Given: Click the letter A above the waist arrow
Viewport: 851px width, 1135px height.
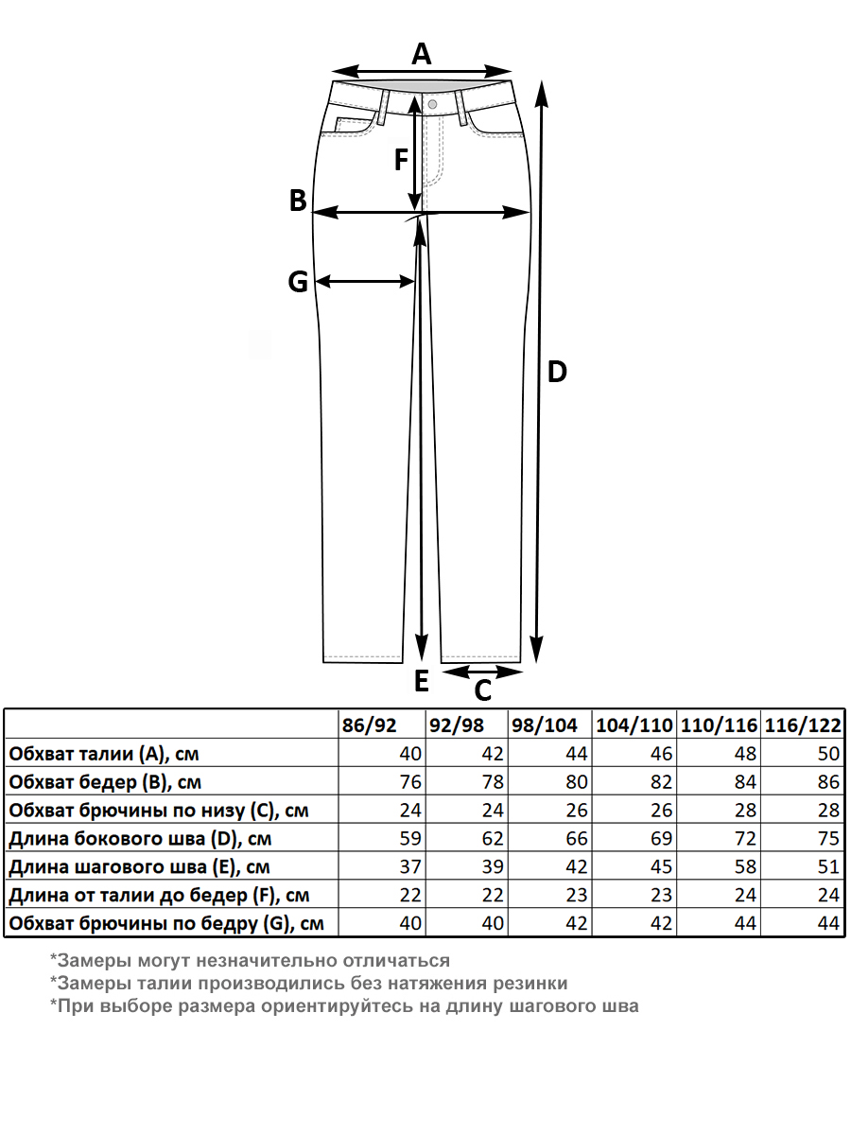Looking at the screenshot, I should [x=422, y=54].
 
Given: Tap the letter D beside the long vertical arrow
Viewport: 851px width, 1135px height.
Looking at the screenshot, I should [x=558, y=372].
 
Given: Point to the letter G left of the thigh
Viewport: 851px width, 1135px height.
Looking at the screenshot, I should [x=298, y=282].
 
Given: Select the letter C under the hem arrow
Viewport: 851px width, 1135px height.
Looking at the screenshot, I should [x=482, y=691].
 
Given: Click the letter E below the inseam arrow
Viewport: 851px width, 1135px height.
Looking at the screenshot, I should [x=422, y=680].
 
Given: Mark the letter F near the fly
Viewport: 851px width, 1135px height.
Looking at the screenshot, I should [x=401, y=161].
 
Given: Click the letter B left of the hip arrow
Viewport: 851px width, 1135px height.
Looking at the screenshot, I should [x=298, y=201].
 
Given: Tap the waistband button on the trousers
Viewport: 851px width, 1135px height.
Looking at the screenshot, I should [x=432, y=103].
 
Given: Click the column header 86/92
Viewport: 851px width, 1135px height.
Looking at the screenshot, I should [x=370, y=725].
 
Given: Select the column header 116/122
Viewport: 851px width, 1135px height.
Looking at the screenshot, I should [x=803, y=725].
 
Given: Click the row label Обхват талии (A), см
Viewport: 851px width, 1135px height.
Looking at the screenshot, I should [x=104, y=754].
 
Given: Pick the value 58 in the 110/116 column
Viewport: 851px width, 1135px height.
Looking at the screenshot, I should [x=746, y=867].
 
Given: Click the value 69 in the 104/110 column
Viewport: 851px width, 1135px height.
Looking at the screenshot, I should [x=661, y=839].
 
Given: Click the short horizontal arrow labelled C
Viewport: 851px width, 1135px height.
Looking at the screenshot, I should [x=482, y=672].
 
